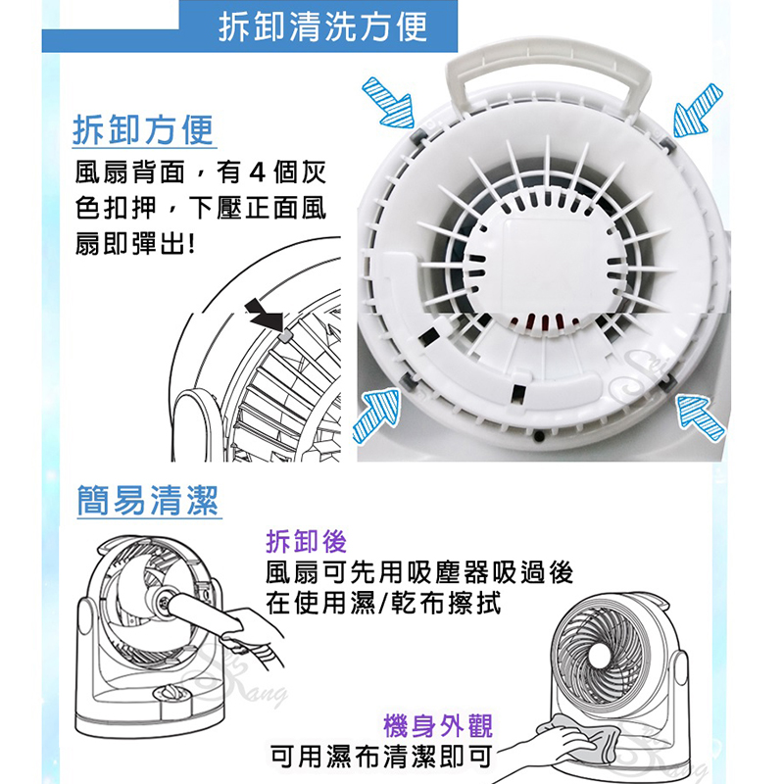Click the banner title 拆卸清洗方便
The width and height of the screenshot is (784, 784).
tap(323, 26)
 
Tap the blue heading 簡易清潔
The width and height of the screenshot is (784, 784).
tap(148, 500)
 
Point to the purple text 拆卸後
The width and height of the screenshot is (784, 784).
tap(306, 541)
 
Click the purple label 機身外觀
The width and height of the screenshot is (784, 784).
tap(438, 726)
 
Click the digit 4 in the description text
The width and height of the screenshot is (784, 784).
tap(257, 172)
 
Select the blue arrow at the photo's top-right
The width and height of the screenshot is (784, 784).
tap(697, 112)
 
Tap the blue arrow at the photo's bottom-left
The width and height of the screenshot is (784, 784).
tap(377, 416)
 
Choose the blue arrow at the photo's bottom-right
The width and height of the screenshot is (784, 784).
tap(701, 416)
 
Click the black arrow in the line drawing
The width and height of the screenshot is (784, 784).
tap(265, 315)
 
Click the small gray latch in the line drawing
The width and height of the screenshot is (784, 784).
tap(285, 336)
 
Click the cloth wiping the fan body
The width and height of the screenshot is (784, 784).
tap(580, 737)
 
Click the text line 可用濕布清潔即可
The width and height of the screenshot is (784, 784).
tap(381, 756)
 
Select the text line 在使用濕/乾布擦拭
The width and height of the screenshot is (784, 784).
tap(383, 603)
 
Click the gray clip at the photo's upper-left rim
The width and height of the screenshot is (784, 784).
tap(418, 135)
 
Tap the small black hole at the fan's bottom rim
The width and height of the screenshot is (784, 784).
tap(538, 436)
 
